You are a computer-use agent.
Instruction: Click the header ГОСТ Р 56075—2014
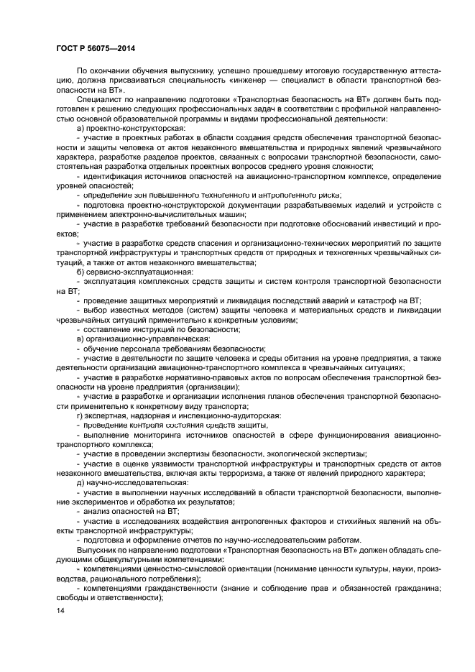(x=96, y=47)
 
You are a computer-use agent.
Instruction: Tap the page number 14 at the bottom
(x=60, y=611)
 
